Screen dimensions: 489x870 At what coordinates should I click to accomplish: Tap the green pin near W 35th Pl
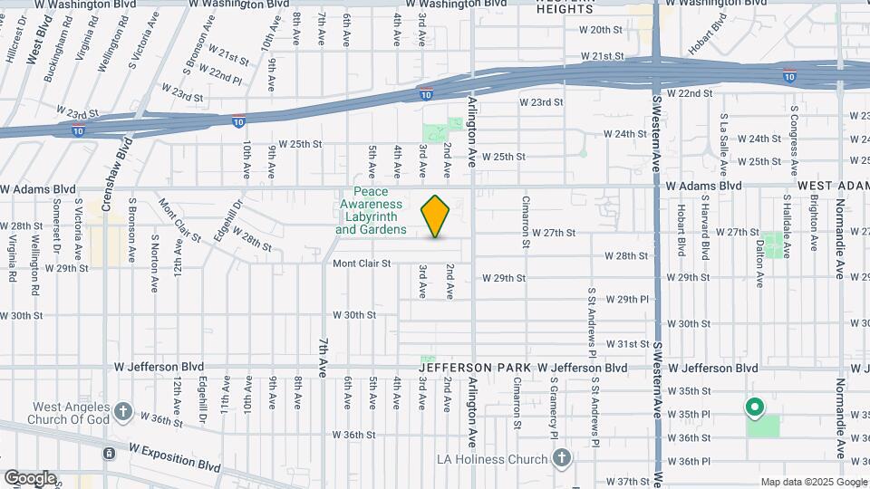pyautogui.click(x=754, y=408)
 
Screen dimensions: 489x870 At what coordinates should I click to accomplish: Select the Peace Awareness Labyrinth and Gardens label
pyautogui.click(x=371, y=211)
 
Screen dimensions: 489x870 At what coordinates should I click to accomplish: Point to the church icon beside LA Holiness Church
pyautogui.click(x=562, y=459)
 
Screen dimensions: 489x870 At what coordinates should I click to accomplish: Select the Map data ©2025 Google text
pyautogui.click(x=813, y=482)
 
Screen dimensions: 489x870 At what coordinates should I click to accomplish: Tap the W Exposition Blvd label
pyautogui.click(x=175, y=456)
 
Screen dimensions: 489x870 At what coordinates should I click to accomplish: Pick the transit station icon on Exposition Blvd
pyautogui.click(x=109, y=453)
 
